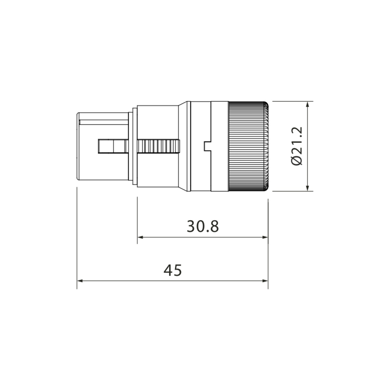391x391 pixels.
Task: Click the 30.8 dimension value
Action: coord(202,226)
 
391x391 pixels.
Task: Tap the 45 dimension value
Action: coord(172,270)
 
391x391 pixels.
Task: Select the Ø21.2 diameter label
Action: coord(297,146)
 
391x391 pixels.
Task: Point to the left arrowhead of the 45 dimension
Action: coord(80,281)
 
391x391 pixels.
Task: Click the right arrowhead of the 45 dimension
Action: coord(265,281)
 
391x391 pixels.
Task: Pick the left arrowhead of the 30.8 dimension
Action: coord(140,237)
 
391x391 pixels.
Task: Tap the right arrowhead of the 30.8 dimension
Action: coord(265,237)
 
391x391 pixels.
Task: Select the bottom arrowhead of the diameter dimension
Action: coord(307,188)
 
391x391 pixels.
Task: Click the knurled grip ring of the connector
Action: coord(248,146)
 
